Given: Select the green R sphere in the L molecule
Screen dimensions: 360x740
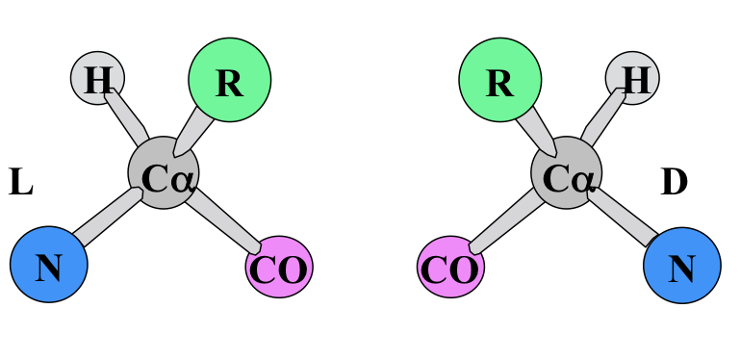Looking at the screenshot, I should pyautogui.click(x=229, y=81).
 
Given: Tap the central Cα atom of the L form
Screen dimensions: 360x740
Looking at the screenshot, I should pyautogui.click(x=165, y=175).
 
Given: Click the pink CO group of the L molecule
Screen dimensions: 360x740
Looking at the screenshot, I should pyautogui.click(x=279, y=268).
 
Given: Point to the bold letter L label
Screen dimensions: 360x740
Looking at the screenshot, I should pyautogui.click(x=21, y=182).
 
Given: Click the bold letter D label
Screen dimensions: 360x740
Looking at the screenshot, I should pyautogui.click(x=674, y=182).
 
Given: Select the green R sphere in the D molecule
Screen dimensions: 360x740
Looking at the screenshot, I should pyautogui.click(x=498, y=81).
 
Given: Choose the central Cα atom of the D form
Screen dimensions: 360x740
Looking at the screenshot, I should pyautogui.click(x=567, y=175).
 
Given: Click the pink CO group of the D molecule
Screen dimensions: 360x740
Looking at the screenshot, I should pyautogui.click(x=450, y=268).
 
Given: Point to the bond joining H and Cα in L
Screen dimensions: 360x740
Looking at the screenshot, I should pyautogui.click(x=126, y=118).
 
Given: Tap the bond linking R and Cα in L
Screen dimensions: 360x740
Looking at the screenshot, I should pyautogui.click(x=193, y=130).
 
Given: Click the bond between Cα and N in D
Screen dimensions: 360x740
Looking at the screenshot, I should pyautogui.click(x=627, y=220).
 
